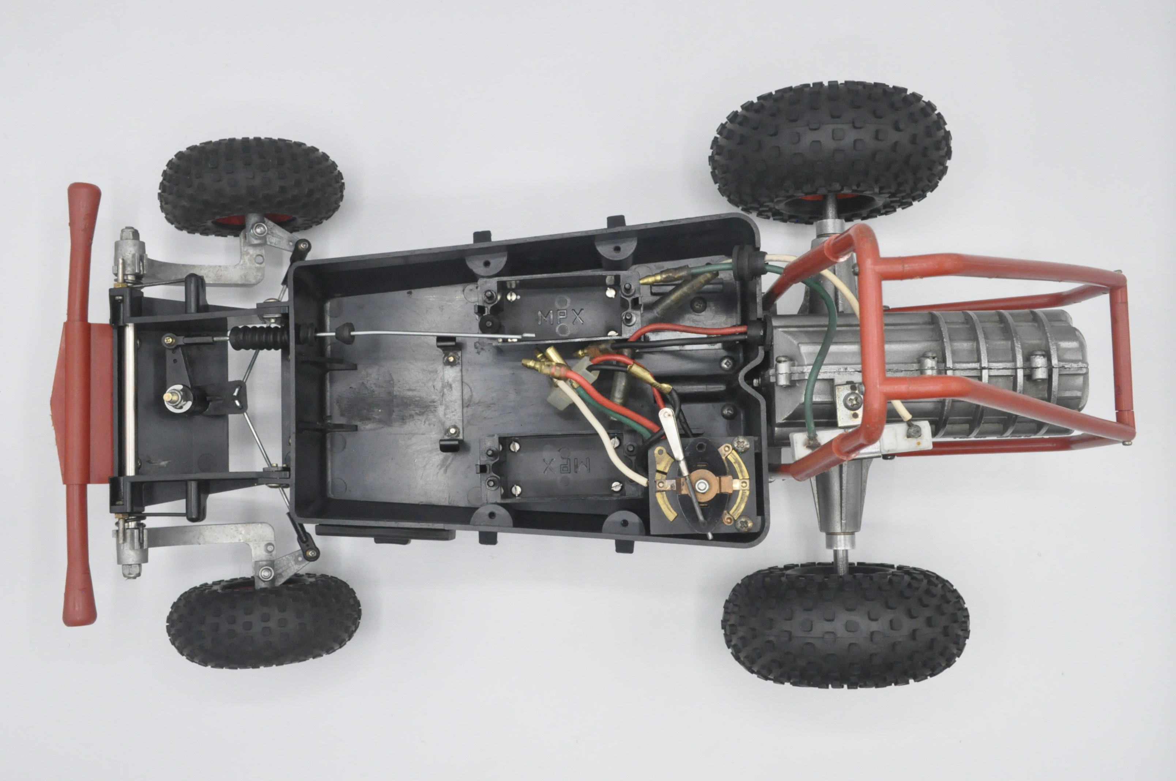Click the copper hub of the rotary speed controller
pyautogui.click(x=702, y=484)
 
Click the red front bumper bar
pyautogui.click(x=81, y=403)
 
